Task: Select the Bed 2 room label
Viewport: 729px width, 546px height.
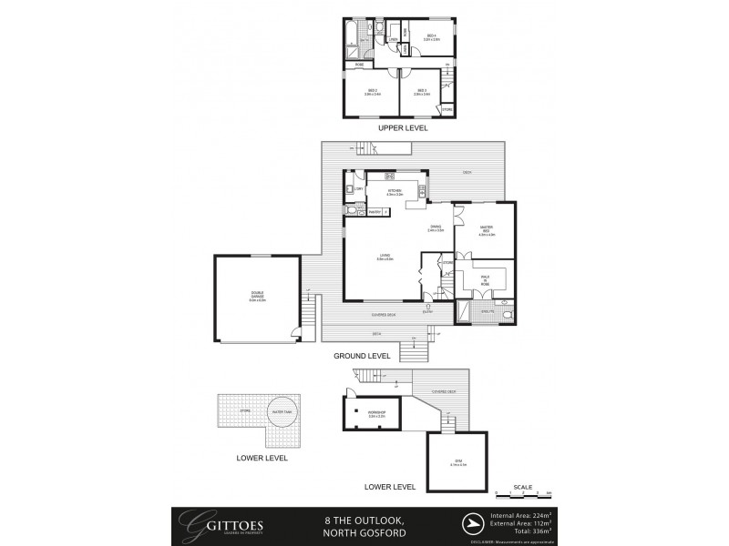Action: [x=372, y=91]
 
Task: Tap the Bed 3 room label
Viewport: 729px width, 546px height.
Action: [x=421, y=91]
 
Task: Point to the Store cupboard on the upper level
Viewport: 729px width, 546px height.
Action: [x=446, y=110]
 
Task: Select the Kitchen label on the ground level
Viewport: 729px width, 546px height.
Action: [x=394, y=191]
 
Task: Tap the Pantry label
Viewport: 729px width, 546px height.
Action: [x=372, y=212]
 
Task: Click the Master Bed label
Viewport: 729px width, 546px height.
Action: [x=486, y=232]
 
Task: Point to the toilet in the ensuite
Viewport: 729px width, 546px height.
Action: [x=508, y=313]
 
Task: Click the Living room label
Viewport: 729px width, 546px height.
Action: [x=384, y=258]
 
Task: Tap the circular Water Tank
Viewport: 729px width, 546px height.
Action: [x=280, y=412]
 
